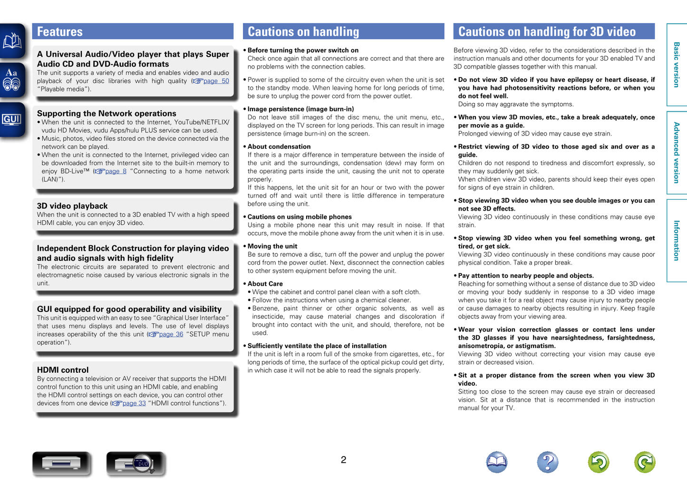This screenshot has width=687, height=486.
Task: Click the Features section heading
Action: pyautogui.click(x=60, y=32)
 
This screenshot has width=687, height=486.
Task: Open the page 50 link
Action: pyautogui.click(x=216, y=81)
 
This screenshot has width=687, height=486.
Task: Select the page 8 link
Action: pyautogui.click(x=116, y=171)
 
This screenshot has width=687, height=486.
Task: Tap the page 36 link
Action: pyautogui.click(x=171, y=334)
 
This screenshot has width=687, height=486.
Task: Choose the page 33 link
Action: pyautogui.click(x=134, y=403)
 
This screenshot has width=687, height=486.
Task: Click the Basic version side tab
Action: pyautogui.click(x=677, y=65)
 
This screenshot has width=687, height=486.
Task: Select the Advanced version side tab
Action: pyautogui.click(x=677, y=153)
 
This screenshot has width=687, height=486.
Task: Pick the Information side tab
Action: pyautogui.click(x=677, y=240)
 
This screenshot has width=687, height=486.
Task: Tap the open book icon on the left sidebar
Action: pyautogui.click(x=12, y=41)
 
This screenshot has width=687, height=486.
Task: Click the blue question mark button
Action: pyautogui.click(x=547, y=462)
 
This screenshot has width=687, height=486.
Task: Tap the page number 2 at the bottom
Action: pyautogui.click(x=343, y=460)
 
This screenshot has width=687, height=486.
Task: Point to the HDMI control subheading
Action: pyautogui.click(x=63, y=370)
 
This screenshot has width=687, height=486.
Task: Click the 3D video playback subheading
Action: pyautogui.click(x=72, y=206)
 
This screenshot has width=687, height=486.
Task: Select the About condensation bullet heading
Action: pyautogui.click(x=279, y=147)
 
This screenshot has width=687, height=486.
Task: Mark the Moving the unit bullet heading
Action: pyautogui.click(x=272, y=246)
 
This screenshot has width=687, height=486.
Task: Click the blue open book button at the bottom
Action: pyautogui.click(x=497, y=462)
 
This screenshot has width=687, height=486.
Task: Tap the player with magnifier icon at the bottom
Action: pyautogui.click(x=135, y=464)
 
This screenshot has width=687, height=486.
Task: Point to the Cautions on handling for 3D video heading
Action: pyautogui.click(x=547, y=32)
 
